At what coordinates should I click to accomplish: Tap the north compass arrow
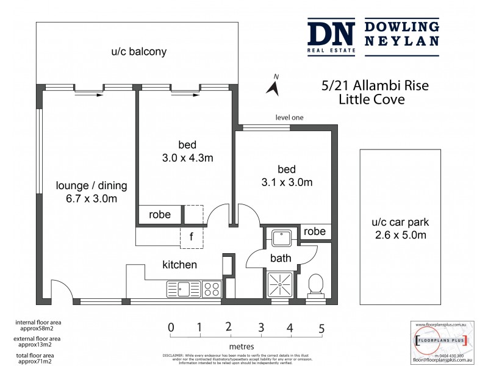[x=273, y=85]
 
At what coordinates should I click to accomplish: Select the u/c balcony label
[x=138, y=52]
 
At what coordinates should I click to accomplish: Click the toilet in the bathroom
[x=315, y=283]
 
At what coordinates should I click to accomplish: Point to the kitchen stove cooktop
[x=211, y=286]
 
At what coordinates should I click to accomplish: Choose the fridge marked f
[x=192, y=238]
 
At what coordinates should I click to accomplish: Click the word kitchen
[x=179, y=265]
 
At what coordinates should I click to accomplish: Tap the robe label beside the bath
[x=315, y=232]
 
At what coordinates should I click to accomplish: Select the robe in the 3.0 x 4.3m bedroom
[x=159, y=215]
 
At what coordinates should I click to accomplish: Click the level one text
[x=289, y=118]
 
